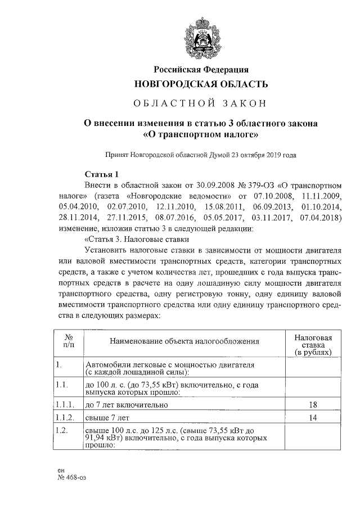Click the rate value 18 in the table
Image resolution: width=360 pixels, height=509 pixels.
pyautogui.click(x=313, y=404)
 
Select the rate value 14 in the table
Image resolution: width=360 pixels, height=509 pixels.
pyautogui.click(x=313, y=418)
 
